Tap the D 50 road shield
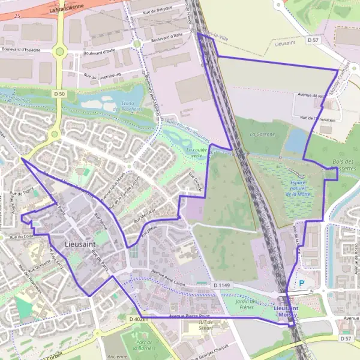(x=59, y=94)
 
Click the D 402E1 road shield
(x=137, y=320)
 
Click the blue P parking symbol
(x=302, y=283)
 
